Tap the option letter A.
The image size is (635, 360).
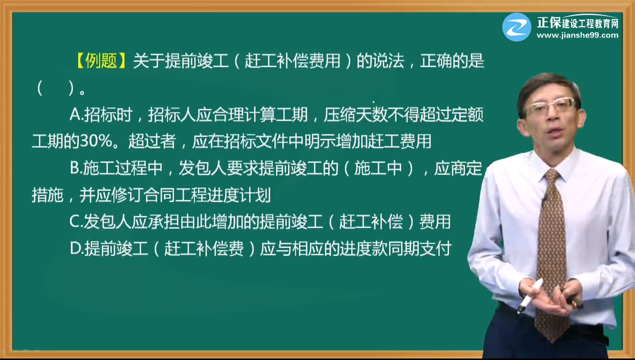tap(75, 115)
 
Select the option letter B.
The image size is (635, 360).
tap(75, 169)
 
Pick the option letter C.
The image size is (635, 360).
tap(75, 222)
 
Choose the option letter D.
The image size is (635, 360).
tap(76, 249)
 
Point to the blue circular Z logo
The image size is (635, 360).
tap(516, 27)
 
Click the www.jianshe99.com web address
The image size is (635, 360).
tap(577, 35)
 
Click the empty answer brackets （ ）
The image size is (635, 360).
tap(55, 88)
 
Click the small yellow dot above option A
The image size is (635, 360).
tap(373, 102)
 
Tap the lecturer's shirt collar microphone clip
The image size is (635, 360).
tap(543, 200)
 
